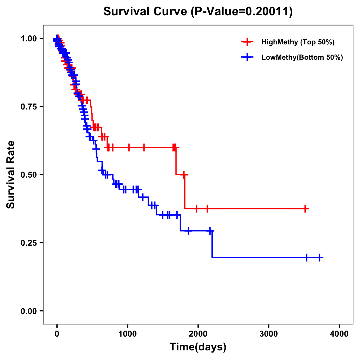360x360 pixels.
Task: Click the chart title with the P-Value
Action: pyautogui.click(x=198, y=11)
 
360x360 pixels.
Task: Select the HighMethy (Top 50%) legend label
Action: pyautogui.click(x=298, y=42)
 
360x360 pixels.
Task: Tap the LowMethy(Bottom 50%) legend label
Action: pyautogui.click(x=302, y=57)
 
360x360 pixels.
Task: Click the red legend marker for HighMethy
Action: pyautogui.click(x=247, y=42)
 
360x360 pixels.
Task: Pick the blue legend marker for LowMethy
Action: pyautogui.click(x=247, y=57)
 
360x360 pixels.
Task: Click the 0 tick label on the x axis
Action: pyautogui.click(x=57, y=334)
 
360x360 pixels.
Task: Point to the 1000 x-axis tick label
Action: pyautogui.click(x=127, y=334)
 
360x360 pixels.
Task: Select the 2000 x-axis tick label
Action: pyautogui.click(x=198, y=334)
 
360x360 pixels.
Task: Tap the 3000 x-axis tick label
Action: pyautogui.click(x=268, y=334)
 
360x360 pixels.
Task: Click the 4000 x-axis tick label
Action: pyautogui.click(x=339, y=334)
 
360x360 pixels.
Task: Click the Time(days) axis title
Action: pyautogui.click(x=198, y=347)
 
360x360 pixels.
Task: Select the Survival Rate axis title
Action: pyautogui.click(x=11, y=175)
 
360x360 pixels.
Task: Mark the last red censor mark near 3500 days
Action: pyautogui.click(x=305, y=208)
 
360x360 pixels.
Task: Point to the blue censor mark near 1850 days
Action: pyautogui.click(x=188, y=231)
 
